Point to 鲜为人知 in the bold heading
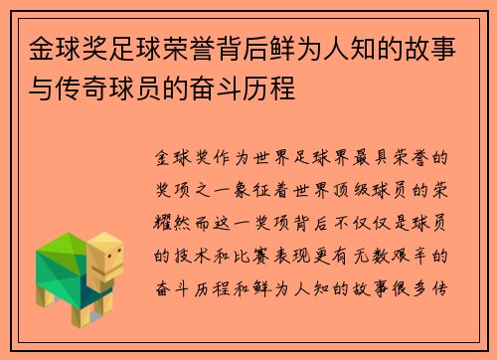click(338, 48)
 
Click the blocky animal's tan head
click(103, 261)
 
